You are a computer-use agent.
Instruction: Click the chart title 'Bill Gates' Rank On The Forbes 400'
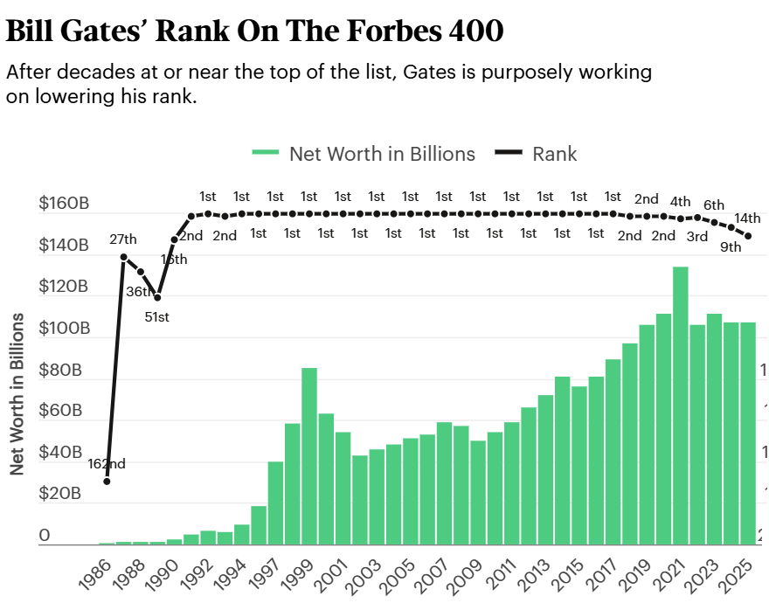tap(254, 31)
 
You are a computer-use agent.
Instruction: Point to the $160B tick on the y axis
tap(64, 204)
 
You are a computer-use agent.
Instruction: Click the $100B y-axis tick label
tap(64, 329)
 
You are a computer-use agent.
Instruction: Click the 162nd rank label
tap(107, 463)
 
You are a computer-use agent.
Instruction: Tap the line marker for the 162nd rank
tap(107, 481)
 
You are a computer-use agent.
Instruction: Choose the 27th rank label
tap(123, 239)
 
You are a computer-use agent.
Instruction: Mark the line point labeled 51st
tap(157, 298)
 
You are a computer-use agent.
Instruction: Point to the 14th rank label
tap(747, 218)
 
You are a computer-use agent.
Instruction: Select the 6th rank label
tap(714, 204)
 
